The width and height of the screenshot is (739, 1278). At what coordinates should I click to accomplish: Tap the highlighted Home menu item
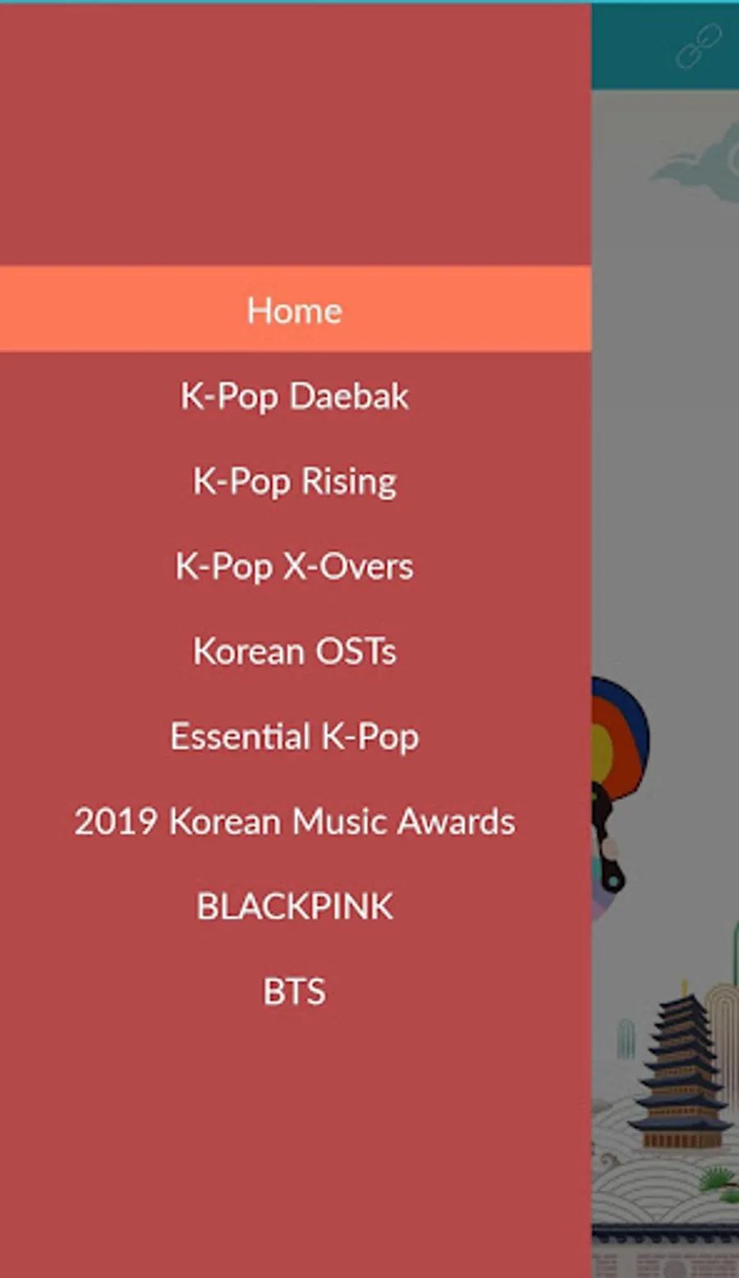[x=295, y=309]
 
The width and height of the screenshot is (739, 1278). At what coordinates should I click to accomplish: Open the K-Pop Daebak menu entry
[x=295, y=396]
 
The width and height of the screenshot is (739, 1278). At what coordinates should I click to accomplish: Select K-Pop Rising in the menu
[x=295, y=481]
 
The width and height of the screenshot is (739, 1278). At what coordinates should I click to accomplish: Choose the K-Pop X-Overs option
[x=295, y=566]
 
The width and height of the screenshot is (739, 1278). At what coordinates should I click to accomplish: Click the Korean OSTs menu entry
[x=295, y=651]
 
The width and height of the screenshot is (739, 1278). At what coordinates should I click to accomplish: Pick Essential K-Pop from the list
[x=295, y=736]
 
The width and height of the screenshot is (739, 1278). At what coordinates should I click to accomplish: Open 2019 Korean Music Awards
[x=295, y=822]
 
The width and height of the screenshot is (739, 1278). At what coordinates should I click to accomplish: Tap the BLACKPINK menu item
[x=295, y=906]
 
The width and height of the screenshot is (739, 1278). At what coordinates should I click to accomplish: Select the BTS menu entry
[x=295, y=992]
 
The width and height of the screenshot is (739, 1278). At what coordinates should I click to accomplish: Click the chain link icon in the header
[x=699, y=47]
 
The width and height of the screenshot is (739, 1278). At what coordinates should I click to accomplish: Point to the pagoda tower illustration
[x=682, y=1073]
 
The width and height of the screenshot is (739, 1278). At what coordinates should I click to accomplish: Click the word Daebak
[x=349, y=396]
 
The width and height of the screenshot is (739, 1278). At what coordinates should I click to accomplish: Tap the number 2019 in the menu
[x=115, y=822]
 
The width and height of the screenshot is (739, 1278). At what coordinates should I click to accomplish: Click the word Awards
[x=456, y=822]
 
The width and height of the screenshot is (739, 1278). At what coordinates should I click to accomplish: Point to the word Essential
[x=241, y=735]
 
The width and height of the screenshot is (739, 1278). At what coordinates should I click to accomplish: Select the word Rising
[x=349, y=482]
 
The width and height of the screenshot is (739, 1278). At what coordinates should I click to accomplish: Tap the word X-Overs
[x=354, y=566]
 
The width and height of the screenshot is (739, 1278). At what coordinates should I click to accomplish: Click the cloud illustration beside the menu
[x=699, y=163]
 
